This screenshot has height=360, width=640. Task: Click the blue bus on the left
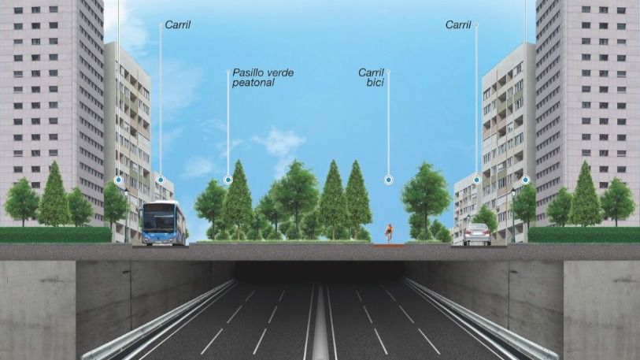click(x=164, y=223)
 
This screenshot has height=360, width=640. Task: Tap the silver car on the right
click(x=476, y=234)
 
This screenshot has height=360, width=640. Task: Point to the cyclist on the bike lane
click(x=388, y=232)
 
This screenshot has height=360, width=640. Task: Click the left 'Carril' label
click(x=178, y=25)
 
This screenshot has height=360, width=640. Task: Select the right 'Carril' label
click(x=458, y=25)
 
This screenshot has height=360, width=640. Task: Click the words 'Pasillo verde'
click(x=263, y=72)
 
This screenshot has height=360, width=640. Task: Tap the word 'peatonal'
click(x=253, y=82)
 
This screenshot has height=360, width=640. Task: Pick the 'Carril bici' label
click(x=371, y=77)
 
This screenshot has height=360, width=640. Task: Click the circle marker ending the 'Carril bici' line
click(x=388, y=180)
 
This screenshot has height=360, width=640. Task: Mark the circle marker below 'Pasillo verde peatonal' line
click(x=228, y=180)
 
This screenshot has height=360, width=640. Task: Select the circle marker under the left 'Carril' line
click(x=160, y=180)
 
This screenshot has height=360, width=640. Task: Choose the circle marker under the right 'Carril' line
click(x=476, y=180)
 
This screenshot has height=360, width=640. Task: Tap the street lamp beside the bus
click(x=126, y=213)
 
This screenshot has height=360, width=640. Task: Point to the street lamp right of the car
click(x=513, y=213)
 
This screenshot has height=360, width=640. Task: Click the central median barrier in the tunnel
click(x=320, y=331)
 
